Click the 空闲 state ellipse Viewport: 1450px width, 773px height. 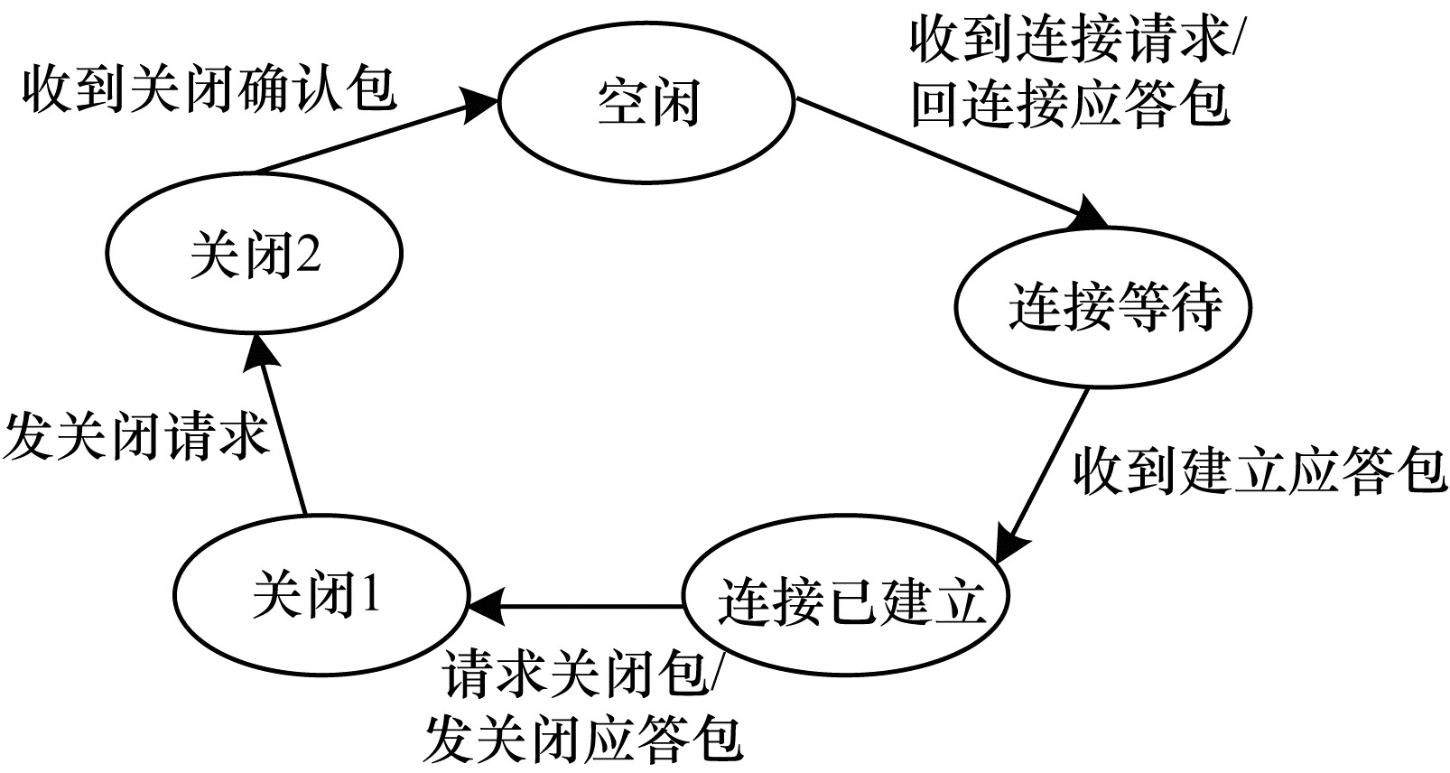(x=646, y=101)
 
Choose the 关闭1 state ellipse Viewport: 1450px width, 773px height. (x=320, y=596)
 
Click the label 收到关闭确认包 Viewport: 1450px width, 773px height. (x=209, y=89)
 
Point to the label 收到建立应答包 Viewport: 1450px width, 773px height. (x=1259, y=470)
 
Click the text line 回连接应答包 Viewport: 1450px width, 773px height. (x=1069, y=102)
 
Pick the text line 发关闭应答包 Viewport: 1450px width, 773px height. (x=582, y=739)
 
